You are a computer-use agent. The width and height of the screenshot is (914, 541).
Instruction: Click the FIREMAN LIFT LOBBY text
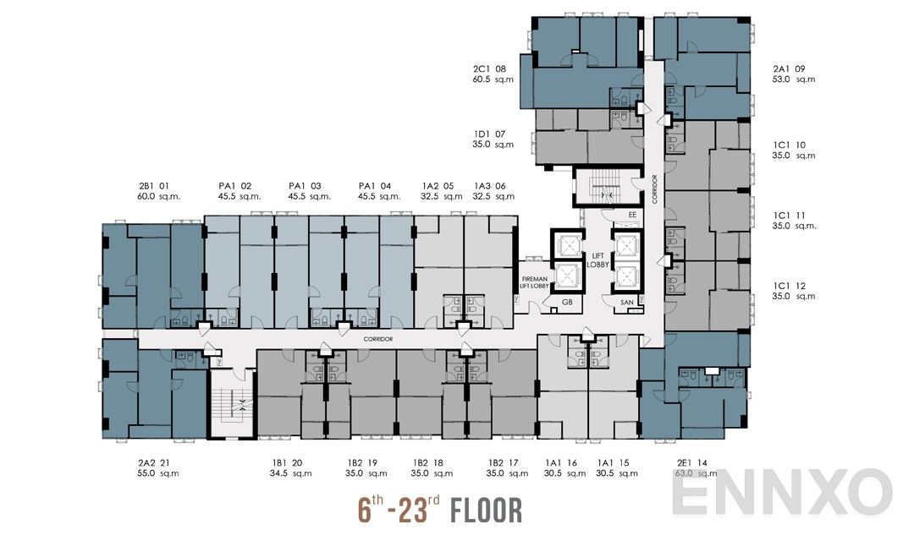tap(534, 282)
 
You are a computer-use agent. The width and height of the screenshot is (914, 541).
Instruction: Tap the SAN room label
tap(627, 302)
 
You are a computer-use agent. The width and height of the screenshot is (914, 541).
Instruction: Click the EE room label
tap(632, 215)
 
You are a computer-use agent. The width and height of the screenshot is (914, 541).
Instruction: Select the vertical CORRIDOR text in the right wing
tap(653, 191)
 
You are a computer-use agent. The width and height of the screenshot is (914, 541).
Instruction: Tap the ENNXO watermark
tap(782, 492)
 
